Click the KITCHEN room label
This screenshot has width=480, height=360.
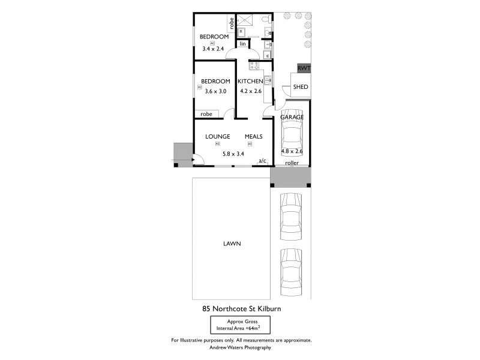[250, 82]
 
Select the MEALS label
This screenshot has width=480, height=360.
[253, 137]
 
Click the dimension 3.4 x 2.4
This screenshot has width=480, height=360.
[212, 49]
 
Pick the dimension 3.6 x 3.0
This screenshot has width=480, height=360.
[215, 92]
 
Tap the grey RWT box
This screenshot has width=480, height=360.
[304, 68]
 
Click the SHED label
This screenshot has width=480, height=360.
[301, 88]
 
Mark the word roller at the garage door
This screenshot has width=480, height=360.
[292, 163]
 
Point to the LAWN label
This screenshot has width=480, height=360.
[230, 243]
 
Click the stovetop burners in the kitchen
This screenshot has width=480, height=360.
[254, 66]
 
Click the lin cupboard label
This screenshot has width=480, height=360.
[243, 44]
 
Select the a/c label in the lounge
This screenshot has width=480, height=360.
[262, 161]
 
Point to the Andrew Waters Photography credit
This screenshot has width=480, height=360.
[240, 347]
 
